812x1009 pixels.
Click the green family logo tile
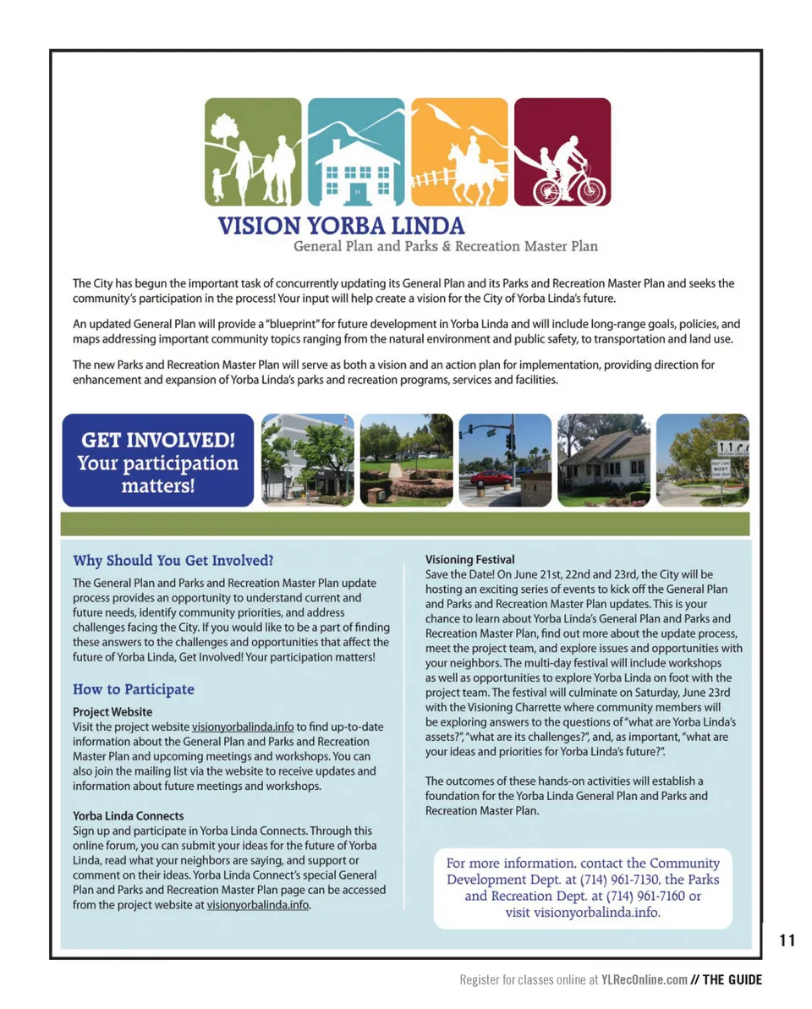pyautogui.click(x=253, y=152)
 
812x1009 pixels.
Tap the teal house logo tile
pyautogui.click(x=355, y=152)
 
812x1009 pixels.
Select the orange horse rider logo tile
pyautogui.click(x=459, y=152)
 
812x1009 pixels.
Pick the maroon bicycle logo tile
pyautogui.click(x=562, y=152)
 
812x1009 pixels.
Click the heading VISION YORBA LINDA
pyautogui.click(x=341, y=227)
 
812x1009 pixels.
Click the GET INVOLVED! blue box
pyautogui.click(x=157, y=460)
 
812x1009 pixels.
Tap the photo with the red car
pyautogui.click(x=505, y=460)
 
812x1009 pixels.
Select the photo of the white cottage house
pyautogui.click(x=603, y=460)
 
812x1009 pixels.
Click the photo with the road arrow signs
pyautogui.click(x=702, y=460)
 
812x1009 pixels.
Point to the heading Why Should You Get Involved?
pyautogui.click(x=173, y=560)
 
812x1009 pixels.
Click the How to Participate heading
pyautogui.click(x=134, y=689)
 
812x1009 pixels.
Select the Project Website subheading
pyautogui.click(x=112, y=712)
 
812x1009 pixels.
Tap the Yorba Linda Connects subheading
pyautogui.click(x=128, y=816)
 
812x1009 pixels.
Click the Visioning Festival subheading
pyautogui.click(x=469, y=560)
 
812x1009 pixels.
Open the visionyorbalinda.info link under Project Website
pyautogui.click(x=243, y=727)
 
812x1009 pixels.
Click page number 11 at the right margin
pyautogui.click(x=787, y=940)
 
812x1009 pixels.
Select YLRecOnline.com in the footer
pyautogui.click(x=644, y=980)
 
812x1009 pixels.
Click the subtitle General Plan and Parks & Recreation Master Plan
pyautogui.click(x=446, y=246)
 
